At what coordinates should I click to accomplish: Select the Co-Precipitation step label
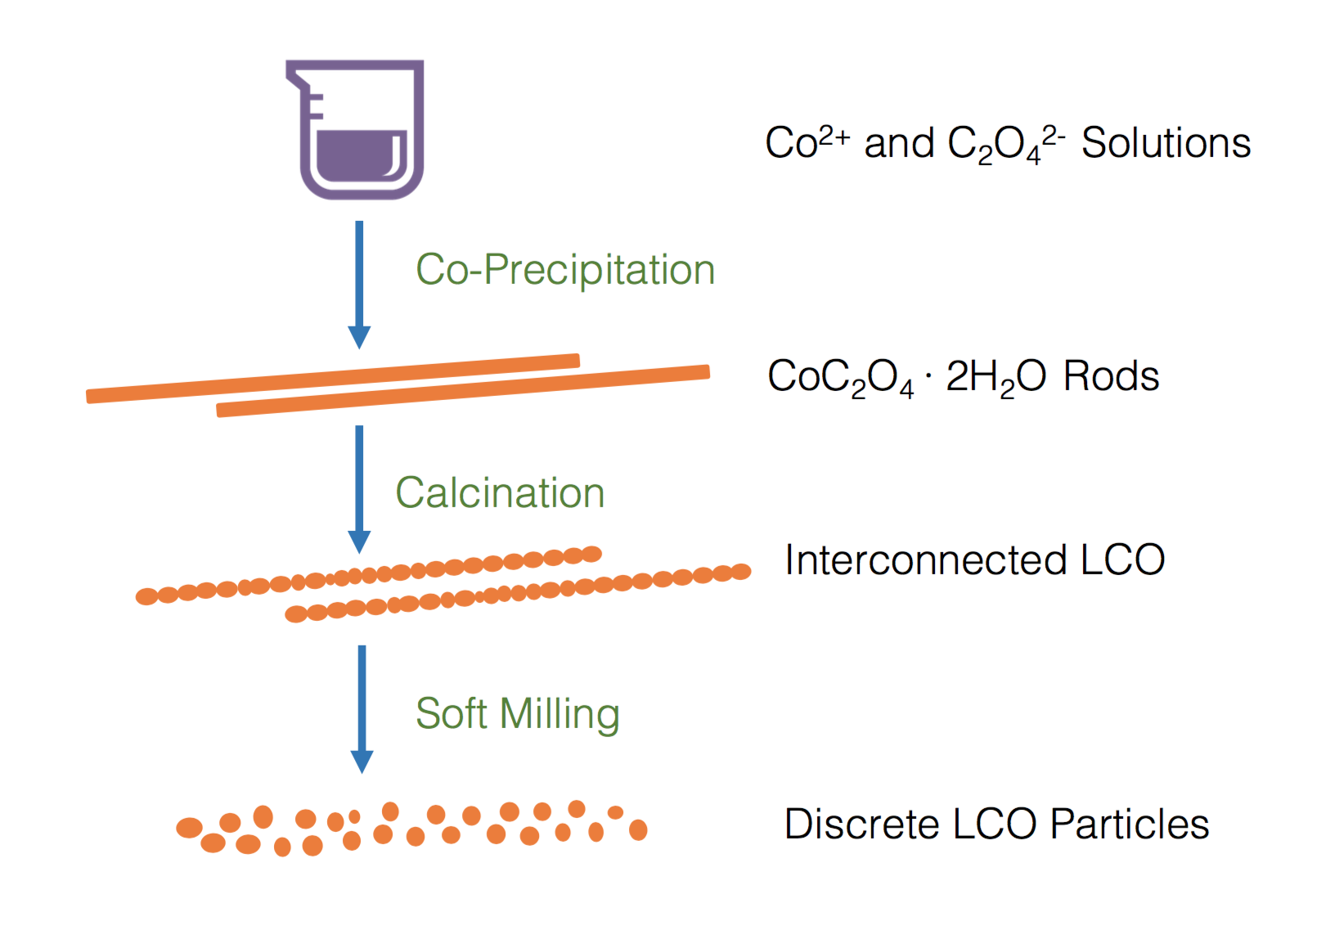[x=565, y=270]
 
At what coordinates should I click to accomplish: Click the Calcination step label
[x=500, y=493]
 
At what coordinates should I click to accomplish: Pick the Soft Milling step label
[x=517, y=713]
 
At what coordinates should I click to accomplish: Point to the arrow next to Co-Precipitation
[x=359, y=283]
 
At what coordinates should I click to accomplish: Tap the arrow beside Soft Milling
[x=362, y=708]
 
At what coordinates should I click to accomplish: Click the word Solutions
[x=1166, y=143]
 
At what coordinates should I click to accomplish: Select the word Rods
[x=1111, y=376]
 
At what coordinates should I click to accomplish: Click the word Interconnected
[x=925, y=560]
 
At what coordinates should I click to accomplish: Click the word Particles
[x=1129, y=824]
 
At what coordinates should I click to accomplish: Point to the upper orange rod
[x=333, y=378]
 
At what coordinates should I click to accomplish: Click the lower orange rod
[x=463, y=390]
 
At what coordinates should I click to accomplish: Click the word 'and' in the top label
[x=899, y=143]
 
